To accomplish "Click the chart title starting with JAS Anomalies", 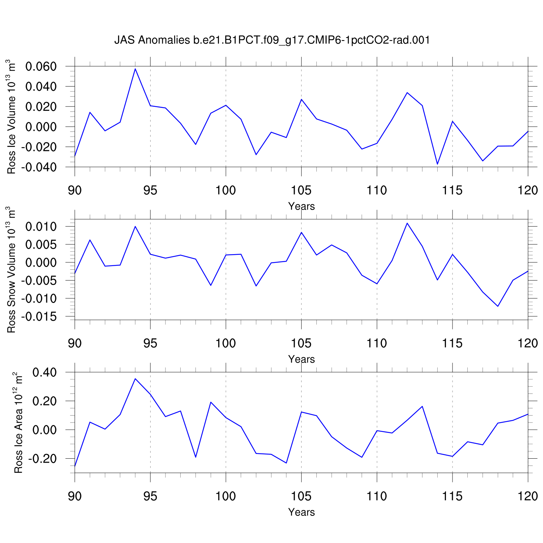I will tap(272, 40).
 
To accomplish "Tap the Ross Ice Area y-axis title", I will tap(18, 422).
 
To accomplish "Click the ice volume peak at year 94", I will tap(135, 69).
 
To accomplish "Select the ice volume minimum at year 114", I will tap(437, 164).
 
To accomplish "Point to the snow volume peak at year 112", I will tap(407, 223).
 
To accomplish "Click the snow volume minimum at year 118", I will tap(498, 306).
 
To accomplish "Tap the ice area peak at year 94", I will tap(135, 379).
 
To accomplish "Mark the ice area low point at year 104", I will tap(286, 463).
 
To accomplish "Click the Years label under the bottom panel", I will tap(302, 512).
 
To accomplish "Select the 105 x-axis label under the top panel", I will tap(301, 190).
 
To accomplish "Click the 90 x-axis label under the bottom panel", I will tap(75, 496).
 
